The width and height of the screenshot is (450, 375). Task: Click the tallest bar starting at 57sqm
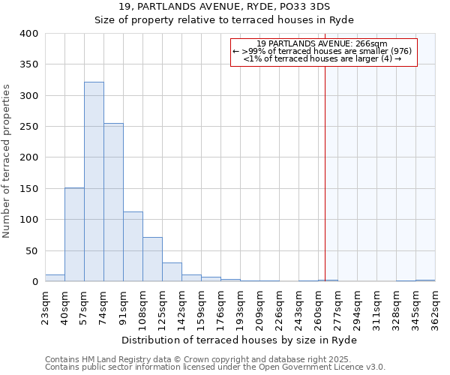(94, 181)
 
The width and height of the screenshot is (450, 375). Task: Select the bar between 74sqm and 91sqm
(113, 202)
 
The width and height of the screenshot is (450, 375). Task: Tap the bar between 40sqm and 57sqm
(74, 235)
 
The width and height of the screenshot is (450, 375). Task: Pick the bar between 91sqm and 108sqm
(133, 247)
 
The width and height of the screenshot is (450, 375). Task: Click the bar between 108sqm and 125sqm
(152, 259)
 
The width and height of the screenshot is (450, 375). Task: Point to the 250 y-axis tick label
(28, 127)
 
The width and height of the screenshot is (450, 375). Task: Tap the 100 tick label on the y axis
(28, 220)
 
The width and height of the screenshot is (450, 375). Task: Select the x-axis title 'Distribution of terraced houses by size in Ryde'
(239, 340)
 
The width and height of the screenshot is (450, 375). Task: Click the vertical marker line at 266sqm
(325, 172)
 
